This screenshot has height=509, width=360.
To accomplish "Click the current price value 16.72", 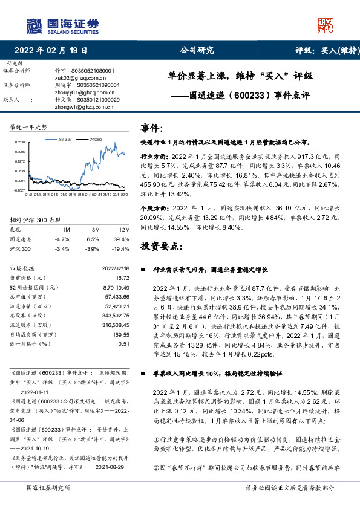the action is click(x=123, y=277).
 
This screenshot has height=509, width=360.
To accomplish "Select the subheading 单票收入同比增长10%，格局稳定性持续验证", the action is click(x=214, y=374).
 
